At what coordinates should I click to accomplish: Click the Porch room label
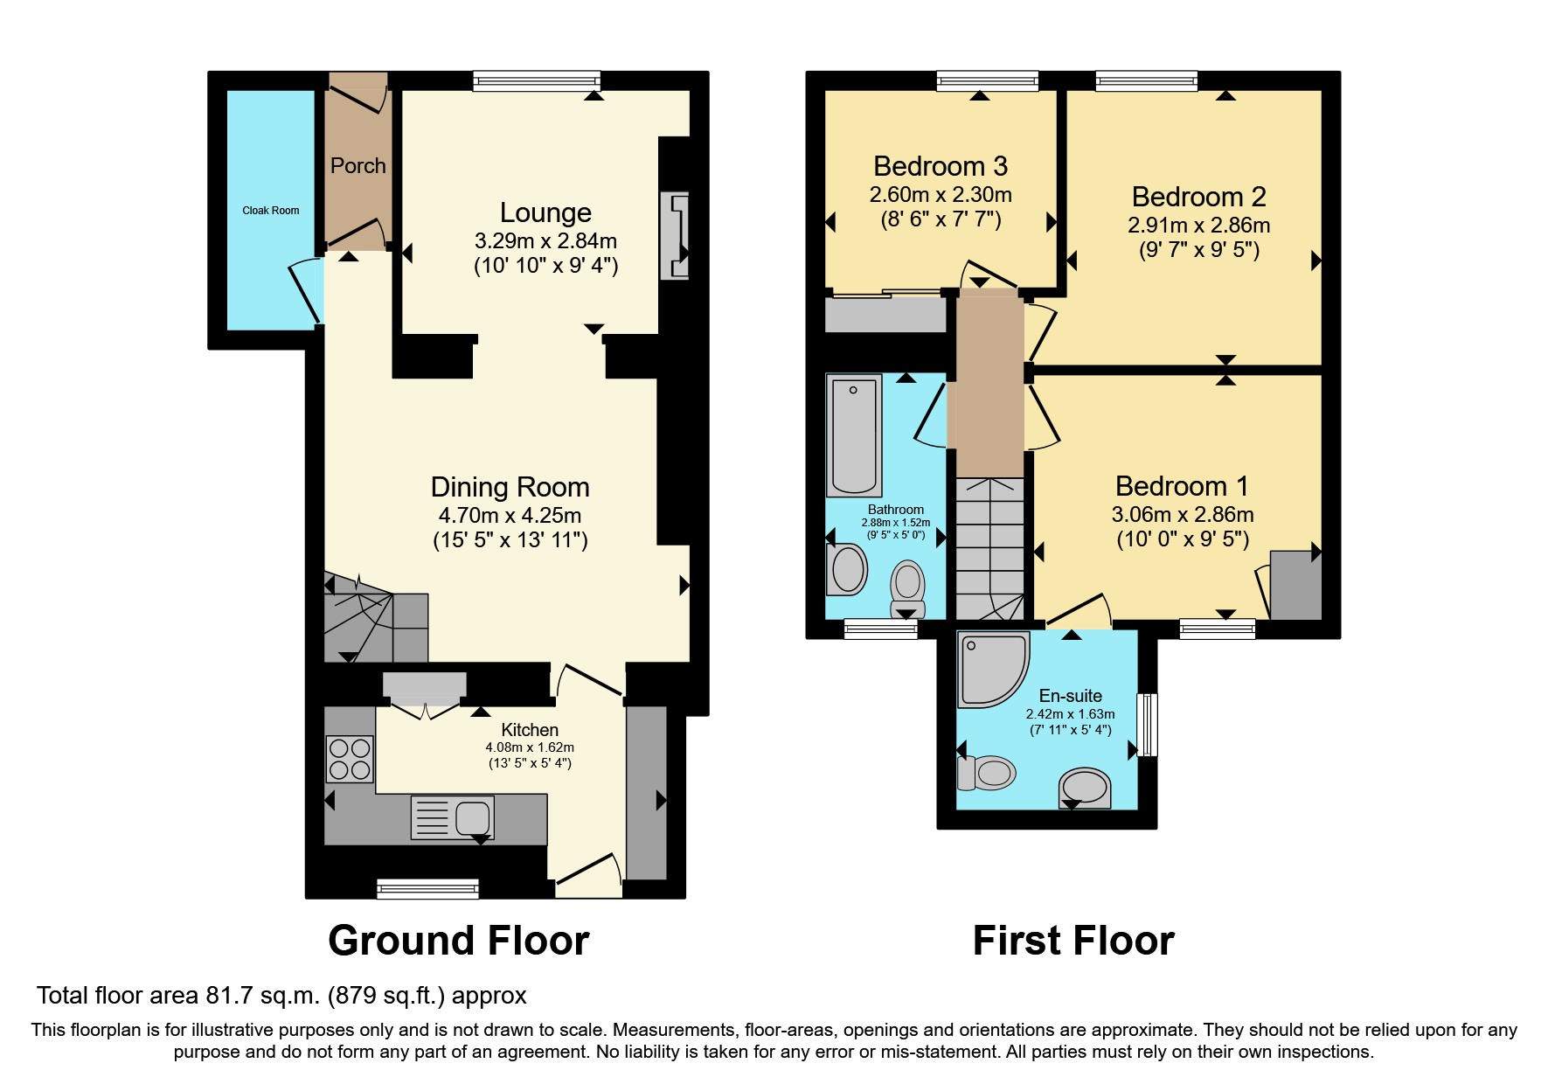pyautogui.click(x=357, y=165)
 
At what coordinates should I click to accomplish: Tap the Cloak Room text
pyautogui.click(x=270, y=211)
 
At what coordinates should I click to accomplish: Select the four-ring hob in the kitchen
pyautogui.click(x=350, y=759)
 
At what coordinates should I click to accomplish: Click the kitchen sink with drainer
pyautogui.click(x=453, y=818)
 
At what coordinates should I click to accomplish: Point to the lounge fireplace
pyautogui.click(x=675, y=235)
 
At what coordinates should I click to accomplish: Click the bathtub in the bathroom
pyautogui.click(x=853, y=435)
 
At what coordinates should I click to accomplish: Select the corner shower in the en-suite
pyautogui.click(x=992, y=670)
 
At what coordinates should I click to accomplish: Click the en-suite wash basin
pyautogui.click(x=1085, y=787)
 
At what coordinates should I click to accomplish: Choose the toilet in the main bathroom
pyautogui.click(x=908, y=588)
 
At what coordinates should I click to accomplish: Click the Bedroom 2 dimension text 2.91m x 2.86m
pyautogui.click(x=1198, y=226)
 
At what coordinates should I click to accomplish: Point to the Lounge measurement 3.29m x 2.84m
pyautogui.click(x=545, y=240)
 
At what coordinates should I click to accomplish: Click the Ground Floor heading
pyautogui.click(x=458, y=942)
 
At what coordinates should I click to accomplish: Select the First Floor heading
pyautogui.click(x=1072, y=942)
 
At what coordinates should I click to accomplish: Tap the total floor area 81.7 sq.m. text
pyautogui.click(x=281, y=996)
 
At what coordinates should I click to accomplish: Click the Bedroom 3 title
pyautogui.click(x=941, y=166)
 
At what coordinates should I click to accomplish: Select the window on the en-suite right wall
pyautogui.click(x=1147, y=725)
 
